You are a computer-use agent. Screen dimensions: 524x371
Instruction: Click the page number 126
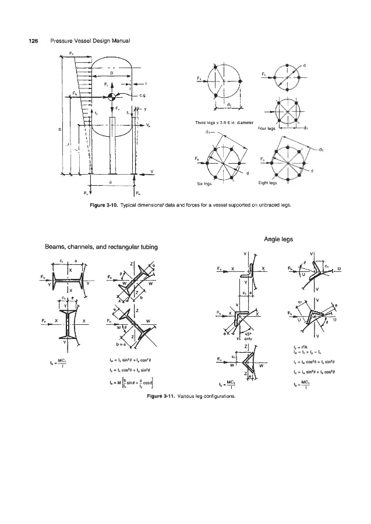click(26, 40)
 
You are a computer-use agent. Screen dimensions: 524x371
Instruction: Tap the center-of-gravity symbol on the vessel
click(111, 95)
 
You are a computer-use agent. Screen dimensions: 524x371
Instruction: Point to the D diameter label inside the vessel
click(111, 73)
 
